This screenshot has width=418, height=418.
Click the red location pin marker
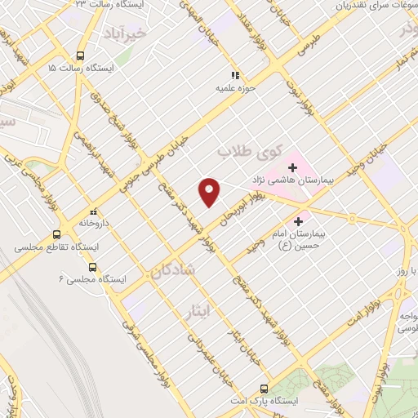pos(211,191)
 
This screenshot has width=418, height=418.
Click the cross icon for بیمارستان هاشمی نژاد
pos(292,167)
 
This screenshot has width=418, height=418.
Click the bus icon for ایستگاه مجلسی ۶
pos(91,267)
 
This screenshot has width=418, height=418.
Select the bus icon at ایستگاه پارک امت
pos(263,389)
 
